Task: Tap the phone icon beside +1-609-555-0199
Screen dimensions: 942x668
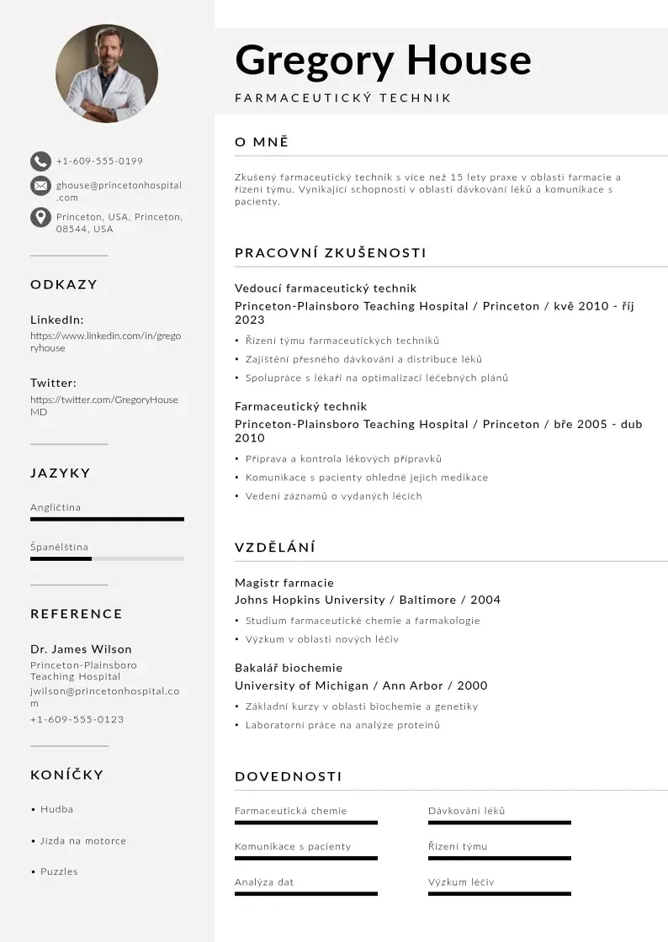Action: tap(40, 161)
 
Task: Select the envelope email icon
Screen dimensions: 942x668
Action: tap(40, 186)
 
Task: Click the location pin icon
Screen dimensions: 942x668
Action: tap(40, 217)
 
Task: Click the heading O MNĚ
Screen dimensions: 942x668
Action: tap(262, 142)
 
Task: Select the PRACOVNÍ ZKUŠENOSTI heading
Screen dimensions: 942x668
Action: tap(331, 253)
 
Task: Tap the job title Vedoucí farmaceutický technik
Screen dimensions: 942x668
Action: tap(326, 288)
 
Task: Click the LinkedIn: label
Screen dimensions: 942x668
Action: tap(57, 320)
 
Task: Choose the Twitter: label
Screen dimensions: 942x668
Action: tap(53, 383)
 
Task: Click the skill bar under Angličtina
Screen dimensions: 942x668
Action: tap(107, 519)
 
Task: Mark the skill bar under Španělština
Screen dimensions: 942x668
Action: tap(107, 558)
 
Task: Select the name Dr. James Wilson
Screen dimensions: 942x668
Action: tap(81, 649)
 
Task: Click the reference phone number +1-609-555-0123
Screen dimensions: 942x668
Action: tap(77, 719)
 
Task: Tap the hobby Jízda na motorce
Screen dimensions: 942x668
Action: tap(83, 841)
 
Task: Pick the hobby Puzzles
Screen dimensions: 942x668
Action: tap(59, 871)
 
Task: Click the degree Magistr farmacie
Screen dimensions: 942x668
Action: tap(284, 583)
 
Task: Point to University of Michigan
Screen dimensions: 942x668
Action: tap(300, 685)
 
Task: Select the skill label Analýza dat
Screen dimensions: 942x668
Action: tap(264, 882)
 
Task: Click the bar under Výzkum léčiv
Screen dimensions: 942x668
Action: tap(500, 892)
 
